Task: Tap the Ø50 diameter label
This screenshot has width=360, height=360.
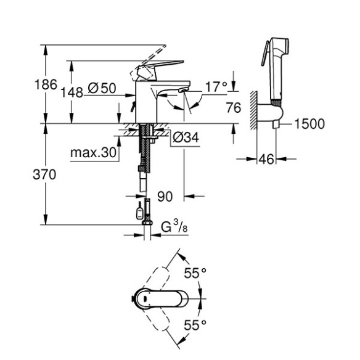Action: (x=102, y=89)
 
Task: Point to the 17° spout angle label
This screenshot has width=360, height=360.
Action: (x=216, y=87)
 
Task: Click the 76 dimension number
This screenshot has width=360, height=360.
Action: (x=232, y=108)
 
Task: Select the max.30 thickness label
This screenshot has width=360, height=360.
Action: (x=93, y=152)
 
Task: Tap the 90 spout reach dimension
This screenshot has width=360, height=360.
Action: (x=165, y=197)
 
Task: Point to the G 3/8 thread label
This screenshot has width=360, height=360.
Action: (x=174, y=229)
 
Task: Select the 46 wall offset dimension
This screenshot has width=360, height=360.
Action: (x=266, y=160)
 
